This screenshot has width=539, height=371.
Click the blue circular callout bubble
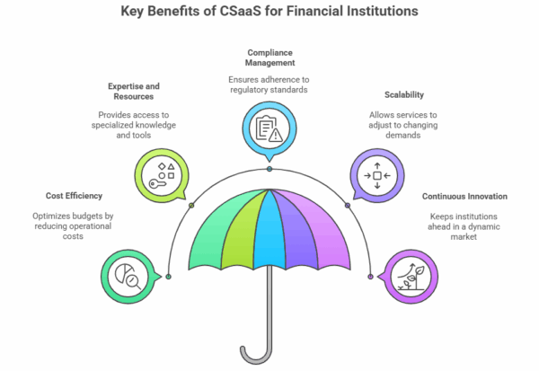tap(269, 127)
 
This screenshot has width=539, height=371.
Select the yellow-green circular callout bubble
tap(161, 174)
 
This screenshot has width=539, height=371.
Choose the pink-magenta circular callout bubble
tap(411, 276)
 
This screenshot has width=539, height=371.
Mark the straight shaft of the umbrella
tap(269, 305)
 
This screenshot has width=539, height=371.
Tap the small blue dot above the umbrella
tap(269, 169)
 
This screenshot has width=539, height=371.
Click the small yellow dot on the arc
tap(191, 205)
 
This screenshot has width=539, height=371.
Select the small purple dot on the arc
tap(348, 205)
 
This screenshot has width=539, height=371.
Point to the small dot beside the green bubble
tap(169, 276)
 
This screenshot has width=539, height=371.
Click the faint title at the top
tap(269, 12)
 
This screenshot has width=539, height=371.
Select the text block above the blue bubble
tap(269, 72)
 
